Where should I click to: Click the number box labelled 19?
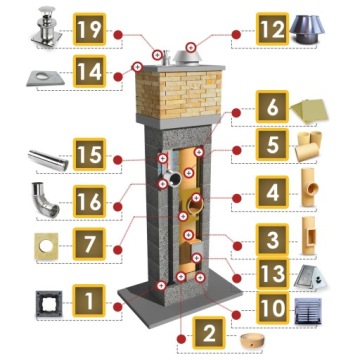(x=89, y=29)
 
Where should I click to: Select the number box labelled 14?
(x=89, y=71)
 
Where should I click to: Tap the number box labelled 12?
(x=272, y=29)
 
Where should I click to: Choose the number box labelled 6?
(x=272, y=107)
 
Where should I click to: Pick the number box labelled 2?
(x=209, y=333)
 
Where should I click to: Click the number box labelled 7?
(x=89, y=244)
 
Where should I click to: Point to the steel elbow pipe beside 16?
(x=45, y=200)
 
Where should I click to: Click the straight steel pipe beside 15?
(x=48, y=160)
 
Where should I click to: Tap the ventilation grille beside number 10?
(x=308, y=311)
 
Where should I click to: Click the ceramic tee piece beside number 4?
(x=309, y=187)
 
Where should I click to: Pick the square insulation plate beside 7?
(x=46, y=246)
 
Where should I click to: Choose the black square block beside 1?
(x=49, y=303)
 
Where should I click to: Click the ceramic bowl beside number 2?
(x=251, y=340)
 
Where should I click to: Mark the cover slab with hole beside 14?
(x=45, y=78)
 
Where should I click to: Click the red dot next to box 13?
(x=237, y=278)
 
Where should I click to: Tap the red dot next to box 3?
(x=237, y=246)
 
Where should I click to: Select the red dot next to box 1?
(x=117, y=307)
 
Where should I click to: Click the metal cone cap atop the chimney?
(x=186, y=58)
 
